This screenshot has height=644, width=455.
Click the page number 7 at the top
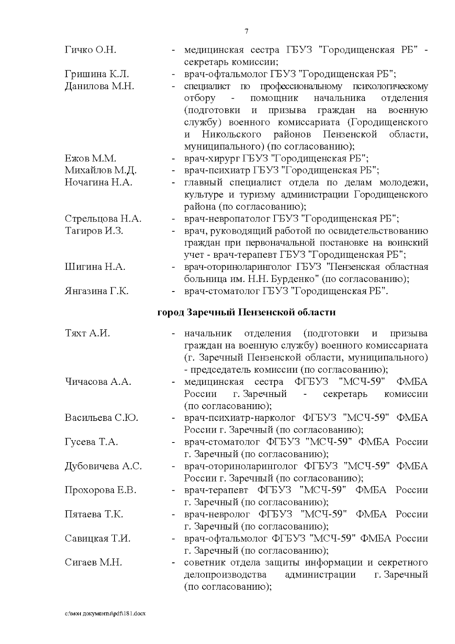(246, 31)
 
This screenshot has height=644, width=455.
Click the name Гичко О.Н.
(90, 50)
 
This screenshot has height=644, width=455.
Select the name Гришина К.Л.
(97, 74)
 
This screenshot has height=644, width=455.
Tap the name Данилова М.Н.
(99, 86)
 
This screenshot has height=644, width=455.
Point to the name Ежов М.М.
(90, 158)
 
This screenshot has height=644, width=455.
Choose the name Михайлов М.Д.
(100, 170)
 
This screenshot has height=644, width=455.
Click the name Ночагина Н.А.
(99, 183)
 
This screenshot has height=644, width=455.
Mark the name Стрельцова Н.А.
(103, 219)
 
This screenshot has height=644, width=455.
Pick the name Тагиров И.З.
(94, 231)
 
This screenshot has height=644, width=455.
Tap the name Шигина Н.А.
(95, 267)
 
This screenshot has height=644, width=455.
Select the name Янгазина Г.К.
(97, 291)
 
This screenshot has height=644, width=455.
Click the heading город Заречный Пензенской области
(246, 312)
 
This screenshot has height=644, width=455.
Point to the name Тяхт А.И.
(87, 334)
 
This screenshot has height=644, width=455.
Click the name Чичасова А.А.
(98, 382)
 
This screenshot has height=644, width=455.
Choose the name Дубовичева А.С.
(103, 466)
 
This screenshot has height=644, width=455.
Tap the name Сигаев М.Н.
(93, 562)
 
